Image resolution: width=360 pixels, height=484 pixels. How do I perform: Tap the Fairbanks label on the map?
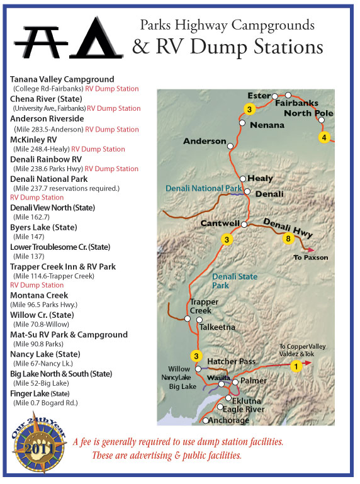(x=296, y=103)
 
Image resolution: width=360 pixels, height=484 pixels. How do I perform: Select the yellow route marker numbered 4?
(x=323, y=137)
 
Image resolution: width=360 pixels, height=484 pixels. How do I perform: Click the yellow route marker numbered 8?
(x=288, y=239)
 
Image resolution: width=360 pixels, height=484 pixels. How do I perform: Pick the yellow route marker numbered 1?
(x=293, y=365)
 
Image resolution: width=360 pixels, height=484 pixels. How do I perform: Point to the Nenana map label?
(x=267, y=125)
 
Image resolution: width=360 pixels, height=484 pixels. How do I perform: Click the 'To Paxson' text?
(x=312, y=257)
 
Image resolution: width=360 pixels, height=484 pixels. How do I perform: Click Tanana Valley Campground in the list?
(x=62, y=79)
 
